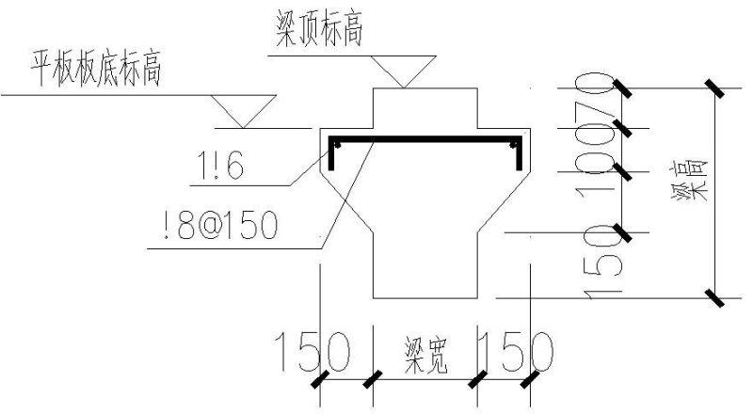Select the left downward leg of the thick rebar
(331, 158)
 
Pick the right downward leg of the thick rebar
(518, 158)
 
